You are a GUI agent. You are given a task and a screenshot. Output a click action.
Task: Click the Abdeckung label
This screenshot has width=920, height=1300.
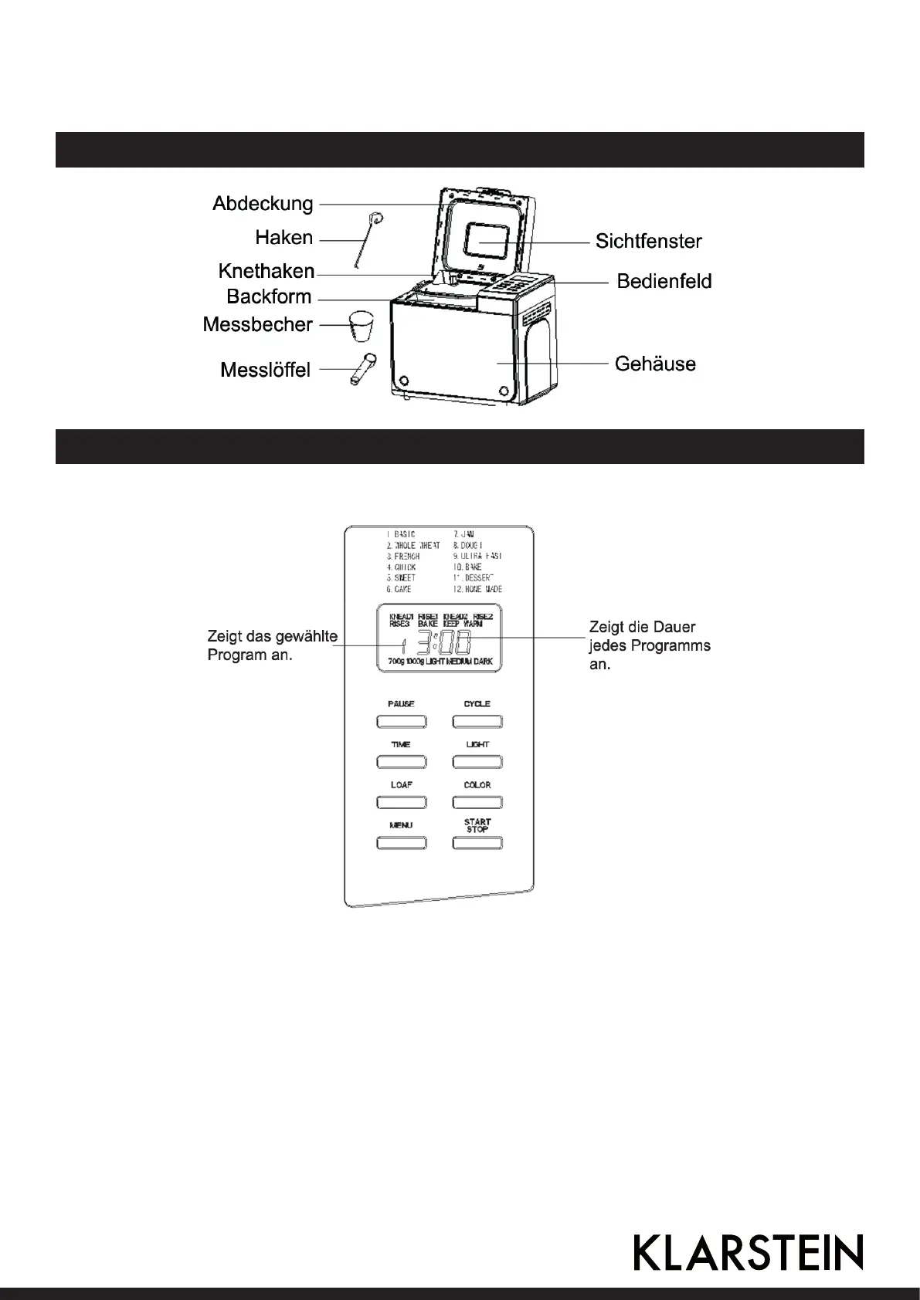click(x=263, y=204)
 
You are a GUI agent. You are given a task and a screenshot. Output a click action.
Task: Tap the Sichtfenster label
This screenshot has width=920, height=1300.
click(x=648, y=242)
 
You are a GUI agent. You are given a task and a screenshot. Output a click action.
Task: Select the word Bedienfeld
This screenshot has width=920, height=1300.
click(x=664, y=282)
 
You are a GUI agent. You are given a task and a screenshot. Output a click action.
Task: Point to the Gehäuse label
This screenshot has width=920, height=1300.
click(x=655, y=364)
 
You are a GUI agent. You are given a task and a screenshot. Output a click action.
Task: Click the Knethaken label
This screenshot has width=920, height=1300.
click(x=266, y=272)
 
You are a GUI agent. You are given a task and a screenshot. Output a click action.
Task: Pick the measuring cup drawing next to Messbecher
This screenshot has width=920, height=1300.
click(x=361, y=327)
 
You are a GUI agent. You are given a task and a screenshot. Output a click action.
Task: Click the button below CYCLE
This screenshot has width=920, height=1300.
click(x=477, y=722)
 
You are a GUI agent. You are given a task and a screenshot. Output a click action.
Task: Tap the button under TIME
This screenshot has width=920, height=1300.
click(x=401, y=762)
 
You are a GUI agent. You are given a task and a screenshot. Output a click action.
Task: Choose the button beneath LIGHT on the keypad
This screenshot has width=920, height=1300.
click(x=477, y=762)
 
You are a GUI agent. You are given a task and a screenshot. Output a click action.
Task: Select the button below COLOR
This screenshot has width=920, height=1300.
click(x=477, y=803)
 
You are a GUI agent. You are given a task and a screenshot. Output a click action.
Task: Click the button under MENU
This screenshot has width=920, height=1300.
click(x=401, y=843)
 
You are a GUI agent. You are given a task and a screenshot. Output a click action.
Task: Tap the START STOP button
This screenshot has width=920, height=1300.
click(x=477, y=843)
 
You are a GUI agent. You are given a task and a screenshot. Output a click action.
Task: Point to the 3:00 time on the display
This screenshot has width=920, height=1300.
click(x=443, y=643)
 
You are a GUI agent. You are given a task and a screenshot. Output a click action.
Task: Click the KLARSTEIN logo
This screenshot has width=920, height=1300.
click(x=748, y=1252)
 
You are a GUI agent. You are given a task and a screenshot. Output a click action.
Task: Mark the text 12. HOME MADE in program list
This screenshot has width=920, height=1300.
click(x=477, y=589)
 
